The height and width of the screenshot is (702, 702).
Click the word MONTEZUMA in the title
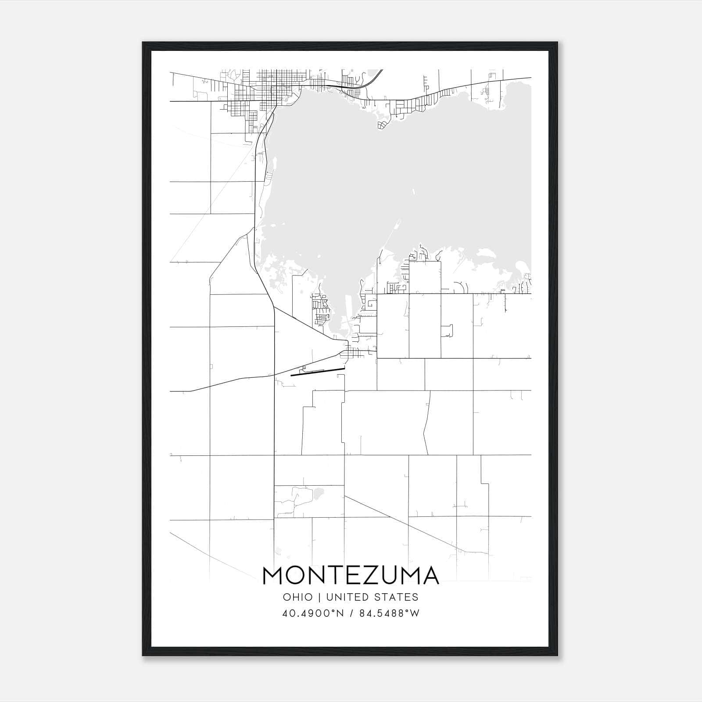[351, 576]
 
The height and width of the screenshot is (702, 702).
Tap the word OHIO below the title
[298, 597]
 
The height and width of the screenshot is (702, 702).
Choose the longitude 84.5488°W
[389, 613]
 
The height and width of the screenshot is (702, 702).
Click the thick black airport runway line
[318, 372]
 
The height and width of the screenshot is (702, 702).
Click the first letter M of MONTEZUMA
[272, 576]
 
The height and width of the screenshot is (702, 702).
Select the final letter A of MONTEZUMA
[430, 576]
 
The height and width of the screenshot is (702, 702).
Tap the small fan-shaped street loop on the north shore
[383, 125]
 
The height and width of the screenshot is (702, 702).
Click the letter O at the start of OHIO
[287, 597]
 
